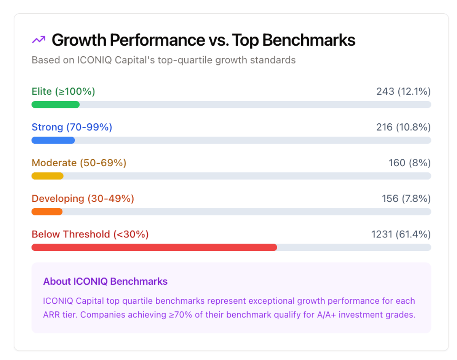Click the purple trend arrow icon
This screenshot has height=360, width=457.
coord(38,40)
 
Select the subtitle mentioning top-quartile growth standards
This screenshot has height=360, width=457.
coord(163,60)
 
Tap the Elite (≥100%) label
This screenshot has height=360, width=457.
coord(63,91)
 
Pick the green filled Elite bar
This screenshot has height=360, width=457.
coord(56,104)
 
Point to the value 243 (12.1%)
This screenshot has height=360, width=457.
coord(403,91)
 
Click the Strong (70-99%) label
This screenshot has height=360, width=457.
coord(72,127)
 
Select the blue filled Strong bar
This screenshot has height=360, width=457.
coord(53,140)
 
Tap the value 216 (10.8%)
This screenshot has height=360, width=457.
coord(403,127)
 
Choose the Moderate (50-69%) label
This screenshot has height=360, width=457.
coord(79,163)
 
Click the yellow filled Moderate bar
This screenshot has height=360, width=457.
coord(47,176)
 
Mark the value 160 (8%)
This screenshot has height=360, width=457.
coord(409,163)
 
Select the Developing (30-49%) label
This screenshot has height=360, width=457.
coord(83,199)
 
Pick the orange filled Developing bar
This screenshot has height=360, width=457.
coord(47,212)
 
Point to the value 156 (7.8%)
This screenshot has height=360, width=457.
coord(406,199)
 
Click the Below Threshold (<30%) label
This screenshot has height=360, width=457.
coord(90,234)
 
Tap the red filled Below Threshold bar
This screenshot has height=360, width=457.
coord(154,247)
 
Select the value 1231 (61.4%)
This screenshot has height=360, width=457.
coord(401,234)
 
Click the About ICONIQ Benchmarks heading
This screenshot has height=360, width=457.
coord(105,282)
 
